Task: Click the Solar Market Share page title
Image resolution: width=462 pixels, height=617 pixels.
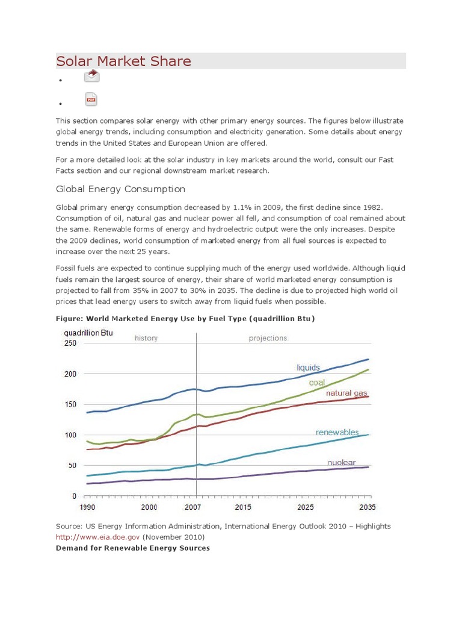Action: pos(123,61)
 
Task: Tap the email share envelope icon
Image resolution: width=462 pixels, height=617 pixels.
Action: pos(91,76)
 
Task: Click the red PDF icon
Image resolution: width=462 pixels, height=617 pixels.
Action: pos(91,99)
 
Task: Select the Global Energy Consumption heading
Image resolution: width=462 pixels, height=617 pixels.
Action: pos(120,189)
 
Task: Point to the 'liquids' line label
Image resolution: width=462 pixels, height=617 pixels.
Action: pos(308,368)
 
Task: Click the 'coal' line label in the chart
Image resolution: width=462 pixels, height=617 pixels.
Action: pos(317,382)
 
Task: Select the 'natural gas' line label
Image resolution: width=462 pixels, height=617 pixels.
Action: pos(346,393)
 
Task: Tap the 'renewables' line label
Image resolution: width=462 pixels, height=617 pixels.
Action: pos(337,432)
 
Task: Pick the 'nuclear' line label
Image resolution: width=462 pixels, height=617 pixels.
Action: pos(341,462)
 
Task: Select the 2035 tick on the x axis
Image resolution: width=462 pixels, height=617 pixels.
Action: pos(368,507)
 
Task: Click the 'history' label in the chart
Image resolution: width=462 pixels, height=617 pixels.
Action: pos(146,338)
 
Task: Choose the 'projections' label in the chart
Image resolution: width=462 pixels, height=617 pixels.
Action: pos(268,338)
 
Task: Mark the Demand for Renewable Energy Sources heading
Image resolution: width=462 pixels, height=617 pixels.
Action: pos(133,548)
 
